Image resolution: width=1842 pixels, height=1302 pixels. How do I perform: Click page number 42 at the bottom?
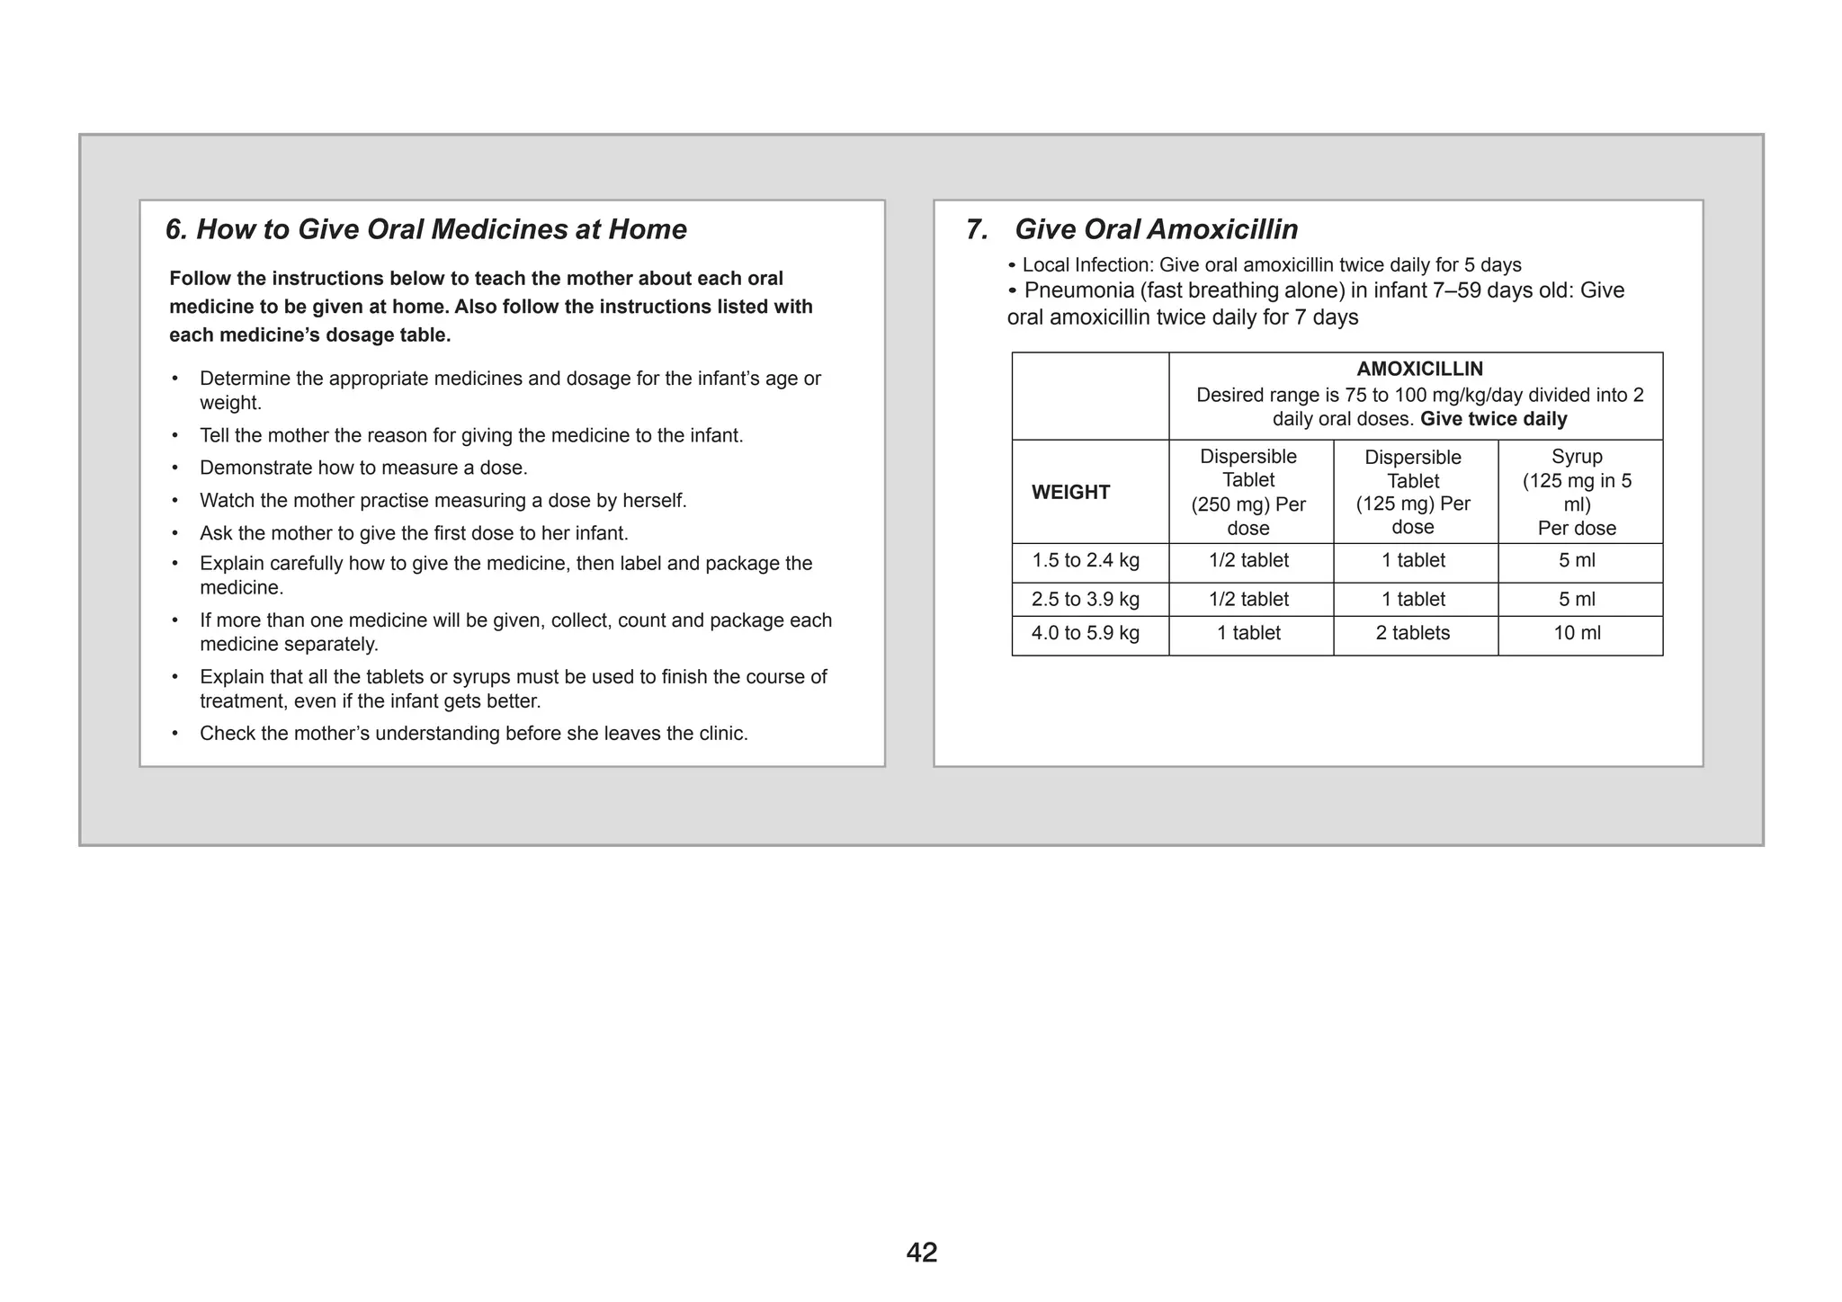(x=922, y=1252)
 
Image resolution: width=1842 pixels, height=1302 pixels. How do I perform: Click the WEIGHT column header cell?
(x=1070, y=492)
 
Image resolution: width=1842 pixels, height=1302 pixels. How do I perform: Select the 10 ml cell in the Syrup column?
(x=1577, y=633)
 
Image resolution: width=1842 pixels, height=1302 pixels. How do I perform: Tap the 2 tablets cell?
(x=1413, y=633)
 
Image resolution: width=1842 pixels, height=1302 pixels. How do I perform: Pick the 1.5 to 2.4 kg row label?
(x=1086, y=560)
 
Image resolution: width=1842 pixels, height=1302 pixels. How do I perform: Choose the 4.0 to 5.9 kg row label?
(x=1086, y=633)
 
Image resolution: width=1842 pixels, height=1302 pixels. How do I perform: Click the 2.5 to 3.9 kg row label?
(x=1086, y=599)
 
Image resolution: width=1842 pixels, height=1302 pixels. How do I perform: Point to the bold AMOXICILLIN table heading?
(x=1419, y=369)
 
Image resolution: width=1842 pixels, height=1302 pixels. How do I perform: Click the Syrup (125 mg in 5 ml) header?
(x=1577, y=492)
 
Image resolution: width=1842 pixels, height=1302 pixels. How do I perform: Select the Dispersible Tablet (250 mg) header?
(x=1248, y=492)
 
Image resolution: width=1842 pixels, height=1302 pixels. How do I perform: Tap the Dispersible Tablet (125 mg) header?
(x=1413, y=492)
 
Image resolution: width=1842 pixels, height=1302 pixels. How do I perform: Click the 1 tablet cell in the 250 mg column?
(x=1248, y=633)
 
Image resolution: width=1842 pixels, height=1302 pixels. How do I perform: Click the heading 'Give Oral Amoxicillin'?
(x=1156, y=229)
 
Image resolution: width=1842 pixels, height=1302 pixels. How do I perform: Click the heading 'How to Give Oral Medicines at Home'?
(x=441, y=229)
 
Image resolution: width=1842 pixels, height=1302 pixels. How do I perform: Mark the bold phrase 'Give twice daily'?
(x=1493, y=419)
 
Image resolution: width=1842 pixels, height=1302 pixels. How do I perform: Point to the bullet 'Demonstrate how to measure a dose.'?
(x=363, y=468)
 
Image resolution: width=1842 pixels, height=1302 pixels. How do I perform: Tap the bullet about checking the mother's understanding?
(x=473, y=734)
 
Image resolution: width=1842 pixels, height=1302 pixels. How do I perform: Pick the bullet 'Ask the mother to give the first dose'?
(x=414, y=533)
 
